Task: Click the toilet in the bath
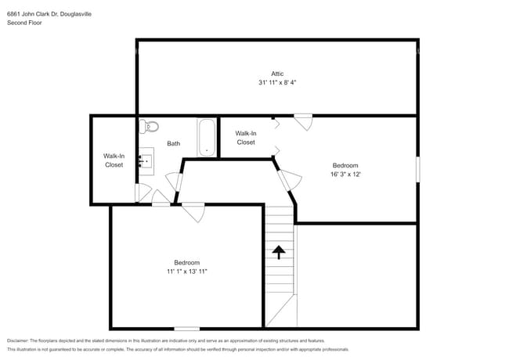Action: pos(151,125)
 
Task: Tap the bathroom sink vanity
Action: pos(147,160)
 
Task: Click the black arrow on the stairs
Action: pos(278,251)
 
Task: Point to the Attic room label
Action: pos(277,74)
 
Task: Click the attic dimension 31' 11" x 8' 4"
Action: pos(277,82)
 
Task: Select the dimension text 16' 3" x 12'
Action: pos(345,175)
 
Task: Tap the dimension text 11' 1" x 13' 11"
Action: pos(186,272)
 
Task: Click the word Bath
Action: pos(174,143)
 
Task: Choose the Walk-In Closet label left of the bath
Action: pos(114,160)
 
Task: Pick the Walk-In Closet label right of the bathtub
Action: pos(245,138)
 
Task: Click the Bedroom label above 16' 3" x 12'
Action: pos(345,165)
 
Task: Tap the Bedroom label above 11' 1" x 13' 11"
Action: pos(186,262)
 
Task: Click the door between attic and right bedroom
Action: pos(303,120)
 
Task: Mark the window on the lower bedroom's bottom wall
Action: pos(186,328)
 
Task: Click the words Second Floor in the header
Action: pos(24,23)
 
